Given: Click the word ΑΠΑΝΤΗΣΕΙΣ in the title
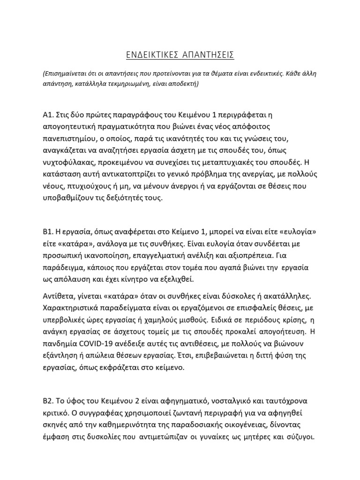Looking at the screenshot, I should pos(207,55).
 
